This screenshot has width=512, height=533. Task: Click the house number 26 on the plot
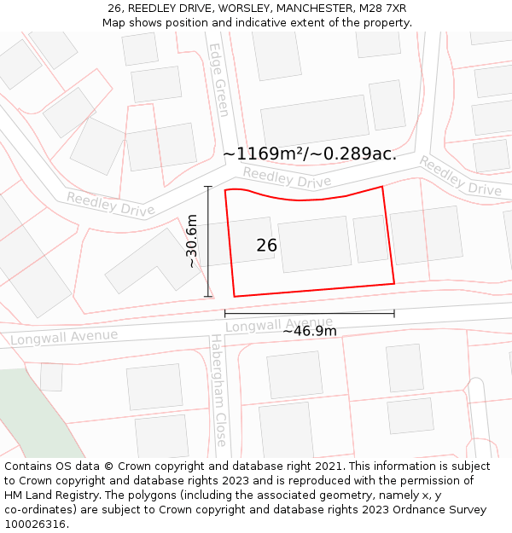point(267,246)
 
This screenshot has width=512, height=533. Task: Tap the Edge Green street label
point(220,80)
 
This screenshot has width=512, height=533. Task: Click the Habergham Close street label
point(219,391)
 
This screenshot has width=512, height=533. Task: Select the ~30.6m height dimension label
point(192,241)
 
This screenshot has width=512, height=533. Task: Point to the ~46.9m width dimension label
point(310,331)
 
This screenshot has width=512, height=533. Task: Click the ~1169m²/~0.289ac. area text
point(310,154)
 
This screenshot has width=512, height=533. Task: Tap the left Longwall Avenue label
point(64,337)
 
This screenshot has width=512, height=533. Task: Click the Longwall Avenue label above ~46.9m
point(279,324)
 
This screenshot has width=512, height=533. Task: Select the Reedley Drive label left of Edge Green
point(110,204)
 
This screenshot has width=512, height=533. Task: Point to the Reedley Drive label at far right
point(460,176)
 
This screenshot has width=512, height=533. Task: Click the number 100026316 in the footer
point(37,524)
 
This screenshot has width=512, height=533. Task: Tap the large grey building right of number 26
point(314,245)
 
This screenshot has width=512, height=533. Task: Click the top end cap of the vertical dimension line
point(208,187)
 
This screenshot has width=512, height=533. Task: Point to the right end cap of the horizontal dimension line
point(394,313)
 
